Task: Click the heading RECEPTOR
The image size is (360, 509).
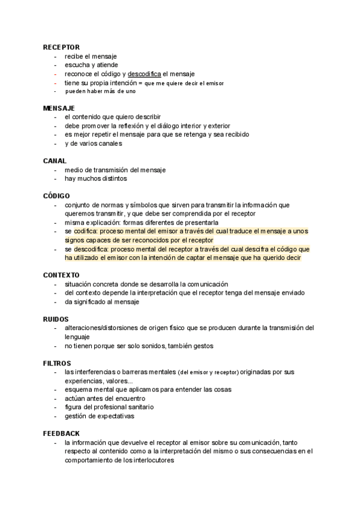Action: (x=61, y=47)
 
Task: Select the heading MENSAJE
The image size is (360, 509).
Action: (x=59, y=108)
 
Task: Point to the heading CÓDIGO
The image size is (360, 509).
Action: (x=57, y=196)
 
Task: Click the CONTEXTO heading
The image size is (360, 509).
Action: (x=62, y=275)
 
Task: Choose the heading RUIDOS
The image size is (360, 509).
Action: (x=56, y=319)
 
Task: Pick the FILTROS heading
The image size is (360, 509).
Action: (x=58, y=363)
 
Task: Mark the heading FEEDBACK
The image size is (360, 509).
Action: (x=61, y=433)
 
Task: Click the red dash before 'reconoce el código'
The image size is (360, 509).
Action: (x=55, y=74)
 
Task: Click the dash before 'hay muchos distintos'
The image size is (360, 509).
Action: (x=55, y=179)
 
